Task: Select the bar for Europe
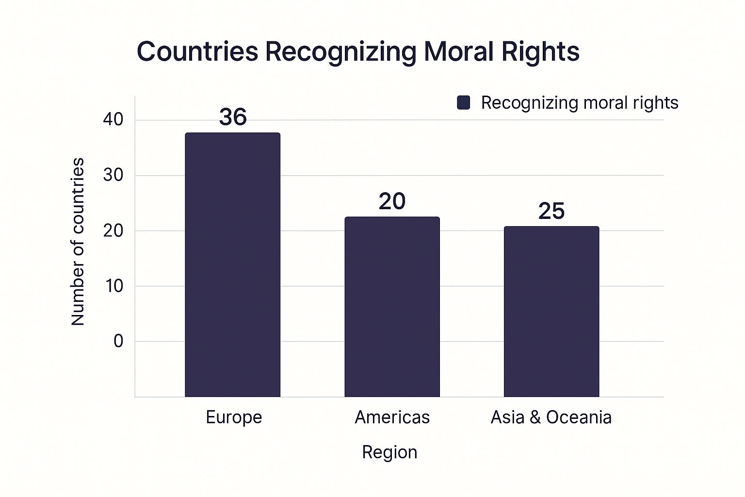coord(232,265)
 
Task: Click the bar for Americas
coord(392,307)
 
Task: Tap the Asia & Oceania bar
coord(551,312)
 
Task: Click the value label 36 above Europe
coord(233,117)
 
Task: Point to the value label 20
coord(392,201)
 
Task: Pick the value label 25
coord(551,211)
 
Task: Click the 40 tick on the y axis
coord(113,119)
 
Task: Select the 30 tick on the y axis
coord(113,175)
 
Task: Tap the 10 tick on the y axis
coord(113,286)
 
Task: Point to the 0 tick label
coord(118,341)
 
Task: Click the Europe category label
coord(234,417)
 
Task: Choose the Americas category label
coord(392,417)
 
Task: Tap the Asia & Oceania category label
coord(551,417)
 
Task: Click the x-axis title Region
coord(389,452)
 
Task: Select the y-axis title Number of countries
coord(78,241)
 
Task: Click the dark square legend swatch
coord(464,103)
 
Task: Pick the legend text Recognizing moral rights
coord(580,103)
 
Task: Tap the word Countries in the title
coord(197,51)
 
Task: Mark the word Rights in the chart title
coord(540,51)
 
